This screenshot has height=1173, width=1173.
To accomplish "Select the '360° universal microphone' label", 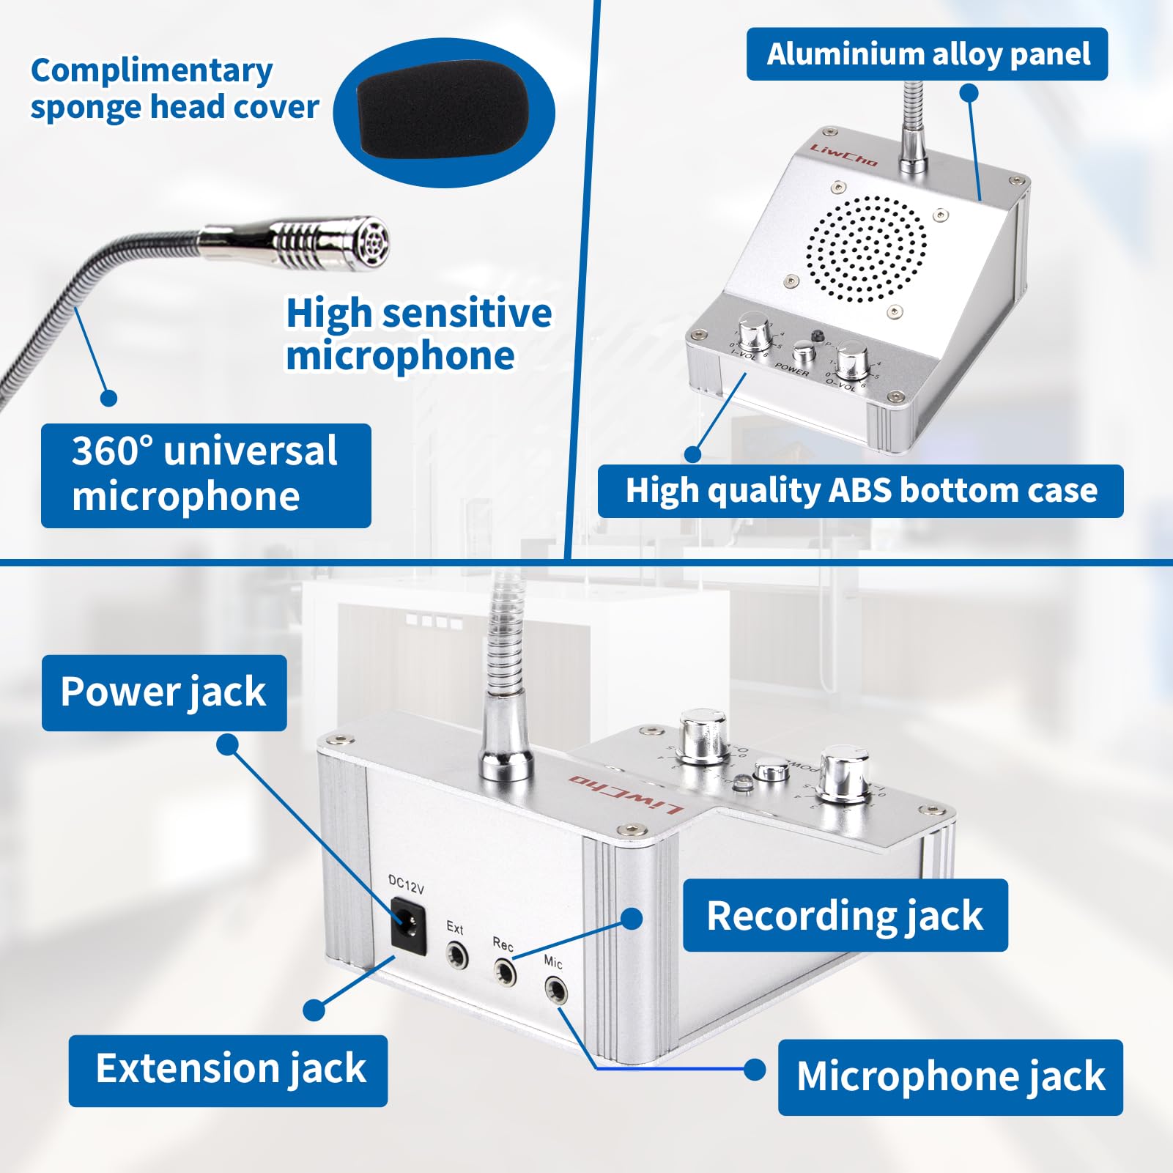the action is [206, 475].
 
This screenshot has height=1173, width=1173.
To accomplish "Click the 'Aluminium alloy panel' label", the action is [927, 54].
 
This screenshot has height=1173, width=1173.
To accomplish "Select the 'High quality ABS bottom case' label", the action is [860, 491].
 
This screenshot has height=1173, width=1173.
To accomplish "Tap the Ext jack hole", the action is [457, 955].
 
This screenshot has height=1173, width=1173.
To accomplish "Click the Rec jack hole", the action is [504, 972].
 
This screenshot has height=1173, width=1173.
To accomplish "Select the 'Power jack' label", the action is [164, 692].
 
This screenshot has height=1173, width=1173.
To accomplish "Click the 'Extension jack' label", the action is [229, 1070].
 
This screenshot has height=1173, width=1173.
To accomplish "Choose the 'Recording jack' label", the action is [845, 916].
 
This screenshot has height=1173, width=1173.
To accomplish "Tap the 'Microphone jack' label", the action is [950, 1076].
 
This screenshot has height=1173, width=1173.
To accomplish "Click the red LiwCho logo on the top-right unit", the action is [843, 154].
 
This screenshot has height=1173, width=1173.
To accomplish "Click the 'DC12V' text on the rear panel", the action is [406, 884].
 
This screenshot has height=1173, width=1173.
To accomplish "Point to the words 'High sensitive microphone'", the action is [418, 334].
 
